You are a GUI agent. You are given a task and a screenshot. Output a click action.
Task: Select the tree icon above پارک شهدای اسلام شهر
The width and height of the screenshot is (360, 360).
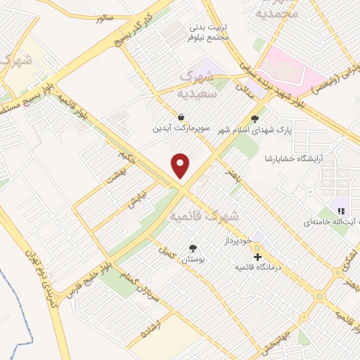coord(255,120)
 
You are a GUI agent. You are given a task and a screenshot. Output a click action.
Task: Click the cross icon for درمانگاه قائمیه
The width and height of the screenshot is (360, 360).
coord(258,257)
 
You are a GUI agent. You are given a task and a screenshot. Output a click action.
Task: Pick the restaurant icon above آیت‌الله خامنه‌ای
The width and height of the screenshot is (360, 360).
coord(341,210)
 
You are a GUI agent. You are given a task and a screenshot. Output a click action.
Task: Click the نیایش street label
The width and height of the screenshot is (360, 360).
coord(136,200)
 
